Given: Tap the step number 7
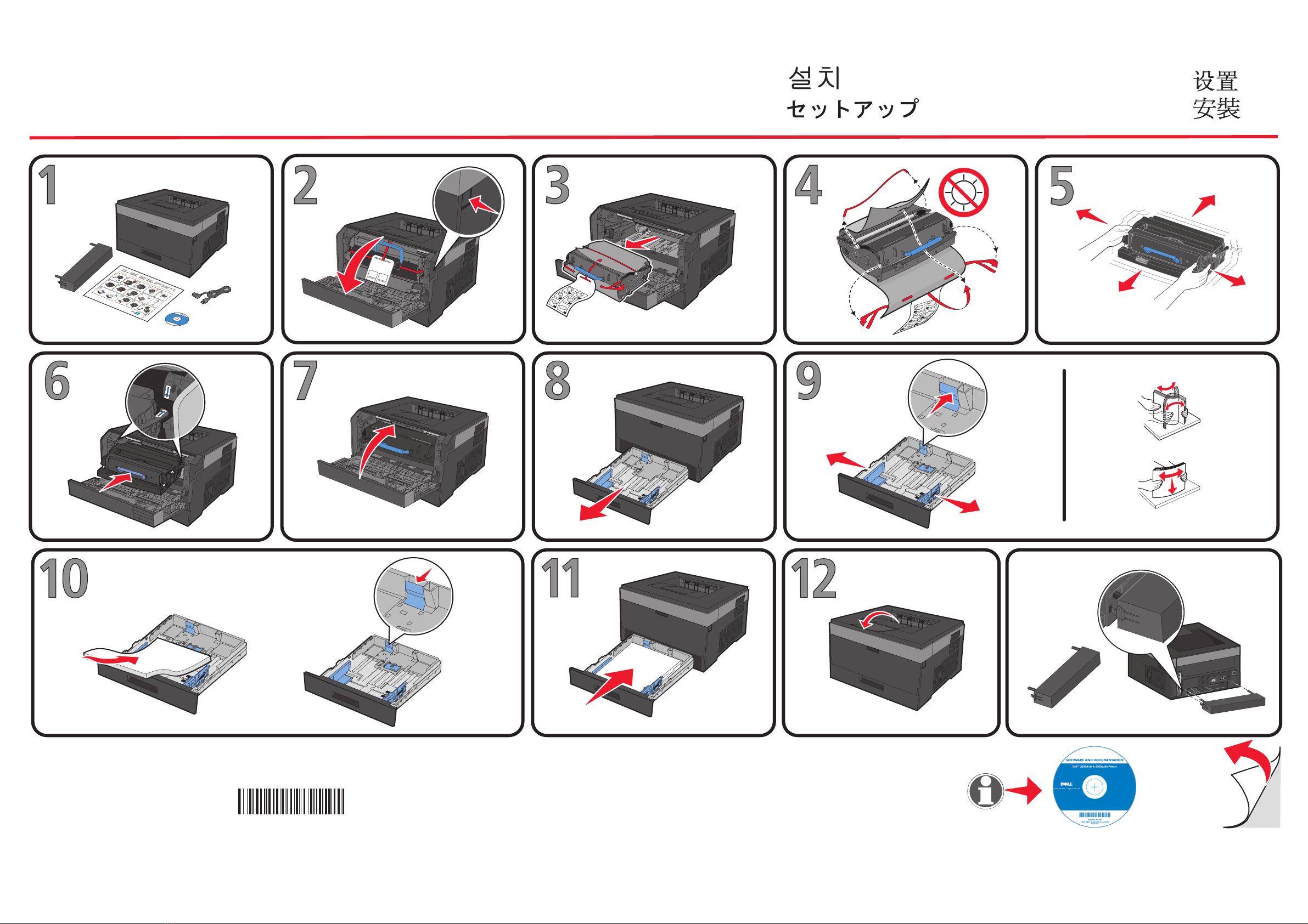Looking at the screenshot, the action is (x=305, y=381).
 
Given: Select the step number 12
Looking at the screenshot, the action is (x=813, y=579).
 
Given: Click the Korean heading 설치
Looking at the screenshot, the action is (x=814, y=78).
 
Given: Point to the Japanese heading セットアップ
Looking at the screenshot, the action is (x=852, y=108).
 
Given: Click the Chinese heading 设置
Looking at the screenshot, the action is (x=1215, y=81).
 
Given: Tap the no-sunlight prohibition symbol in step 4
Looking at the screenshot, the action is (x=963, y=192).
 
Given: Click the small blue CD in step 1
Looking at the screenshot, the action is (x=177, y=319).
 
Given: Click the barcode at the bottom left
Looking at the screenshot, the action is (x=291, y=801).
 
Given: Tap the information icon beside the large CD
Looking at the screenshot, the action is (x=985, y=791).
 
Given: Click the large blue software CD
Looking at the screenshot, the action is (x=1094, y=787).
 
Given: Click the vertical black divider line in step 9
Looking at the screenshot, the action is (x=1064, y=445).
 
